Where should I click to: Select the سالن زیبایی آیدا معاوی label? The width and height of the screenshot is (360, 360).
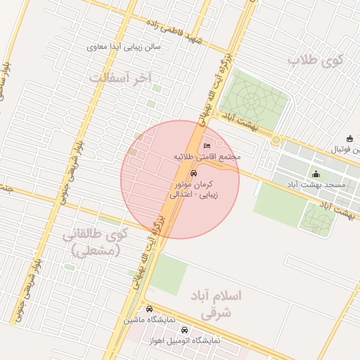coord(124,47)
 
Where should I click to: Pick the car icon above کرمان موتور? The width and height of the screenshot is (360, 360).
coord(194,172)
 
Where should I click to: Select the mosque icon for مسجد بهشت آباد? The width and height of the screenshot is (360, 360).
coord(316,174)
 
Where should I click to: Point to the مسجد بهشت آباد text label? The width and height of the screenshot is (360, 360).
coord(326,184)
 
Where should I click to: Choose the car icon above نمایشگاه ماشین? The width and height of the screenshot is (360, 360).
coord(149,309)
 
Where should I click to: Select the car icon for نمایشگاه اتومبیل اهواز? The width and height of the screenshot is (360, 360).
coord(185,329)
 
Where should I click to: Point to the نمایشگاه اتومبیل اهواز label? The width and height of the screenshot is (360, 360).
coord(185,340)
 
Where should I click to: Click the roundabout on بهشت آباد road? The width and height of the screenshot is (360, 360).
coord(276,140)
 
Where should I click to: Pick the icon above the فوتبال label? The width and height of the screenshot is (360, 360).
coord(349,139)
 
